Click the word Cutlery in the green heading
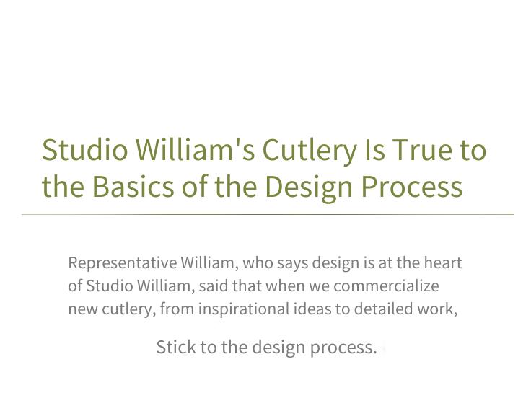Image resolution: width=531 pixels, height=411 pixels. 310,151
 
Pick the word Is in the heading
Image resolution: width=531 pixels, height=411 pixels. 374,150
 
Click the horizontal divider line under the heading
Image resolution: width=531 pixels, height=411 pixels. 268,214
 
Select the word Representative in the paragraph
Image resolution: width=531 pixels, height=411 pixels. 123,263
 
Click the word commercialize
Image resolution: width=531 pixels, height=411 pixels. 386,286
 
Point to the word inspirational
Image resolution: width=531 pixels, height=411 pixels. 244,309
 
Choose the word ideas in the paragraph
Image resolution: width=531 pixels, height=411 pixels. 312,309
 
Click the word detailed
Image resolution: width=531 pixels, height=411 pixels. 384,309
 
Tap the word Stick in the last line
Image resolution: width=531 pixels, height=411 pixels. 176,347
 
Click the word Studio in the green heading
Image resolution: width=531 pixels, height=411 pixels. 84,150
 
